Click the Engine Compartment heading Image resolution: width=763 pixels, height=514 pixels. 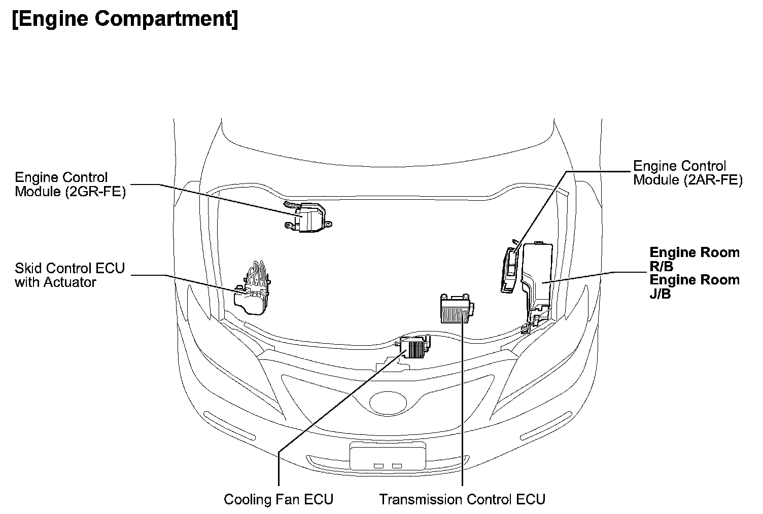pyautogui.click(x=124, y=19)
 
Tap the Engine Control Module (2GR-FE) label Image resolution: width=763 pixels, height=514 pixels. pyautogui.click(x=70, y=185)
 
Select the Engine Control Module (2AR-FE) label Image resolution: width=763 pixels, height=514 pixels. pyautogui.click(x=687, y=173)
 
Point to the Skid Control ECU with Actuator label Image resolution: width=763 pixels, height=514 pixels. pyautogui.click(x=70, y=275)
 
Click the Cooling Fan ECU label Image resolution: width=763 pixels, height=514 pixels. pyautogui.click(x=279, y=499)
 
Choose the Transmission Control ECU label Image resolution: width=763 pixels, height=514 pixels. pyautogui.click(x=462, y=499)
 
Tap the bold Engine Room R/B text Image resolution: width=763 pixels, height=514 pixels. pyautogui.click(x=694, y=259)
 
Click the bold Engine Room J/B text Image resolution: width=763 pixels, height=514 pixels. pyautogui.click(x=694, y=286)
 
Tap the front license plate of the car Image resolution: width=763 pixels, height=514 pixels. pyautogui.click(x=388, y=455)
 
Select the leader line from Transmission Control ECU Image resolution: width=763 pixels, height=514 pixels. pyautogui.click(x=463, y=406)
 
